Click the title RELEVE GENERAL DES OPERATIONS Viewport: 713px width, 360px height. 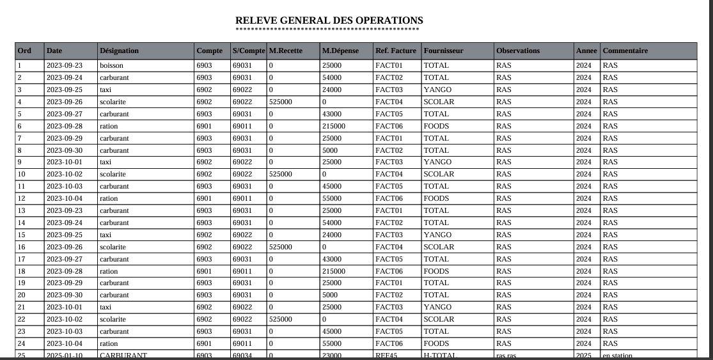pos(329,20)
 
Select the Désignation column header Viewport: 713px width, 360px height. pos(119,51)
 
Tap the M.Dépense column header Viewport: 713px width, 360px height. pos(340,51)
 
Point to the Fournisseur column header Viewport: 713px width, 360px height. pos(443,51)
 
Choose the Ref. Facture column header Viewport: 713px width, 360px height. pos(395,51)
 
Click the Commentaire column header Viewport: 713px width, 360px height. pos(625,51)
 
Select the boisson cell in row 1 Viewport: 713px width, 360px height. pos(111,65)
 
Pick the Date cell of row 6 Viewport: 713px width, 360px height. pos(64,126)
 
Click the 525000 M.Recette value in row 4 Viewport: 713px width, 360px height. pos(281,102)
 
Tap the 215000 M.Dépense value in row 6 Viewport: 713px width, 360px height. pos(334,126)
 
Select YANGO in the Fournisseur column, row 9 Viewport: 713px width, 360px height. pos(437,162)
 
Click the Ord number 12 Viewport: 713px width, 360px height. pos(22,198)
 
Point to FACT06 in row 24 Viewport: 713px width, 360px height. pos(389,343)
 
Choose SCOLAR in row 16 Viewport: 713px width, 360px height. pos(439,247)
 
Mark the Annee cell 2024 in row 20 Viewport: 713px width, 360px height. pos(584,295)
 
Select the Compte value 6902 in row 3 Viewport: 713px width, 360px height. pos(205,90)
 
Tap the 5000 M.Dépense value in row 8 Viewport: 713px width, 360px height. pos(330,150)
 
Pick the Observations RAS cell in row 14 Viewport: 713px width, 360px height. pos(503,223)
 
